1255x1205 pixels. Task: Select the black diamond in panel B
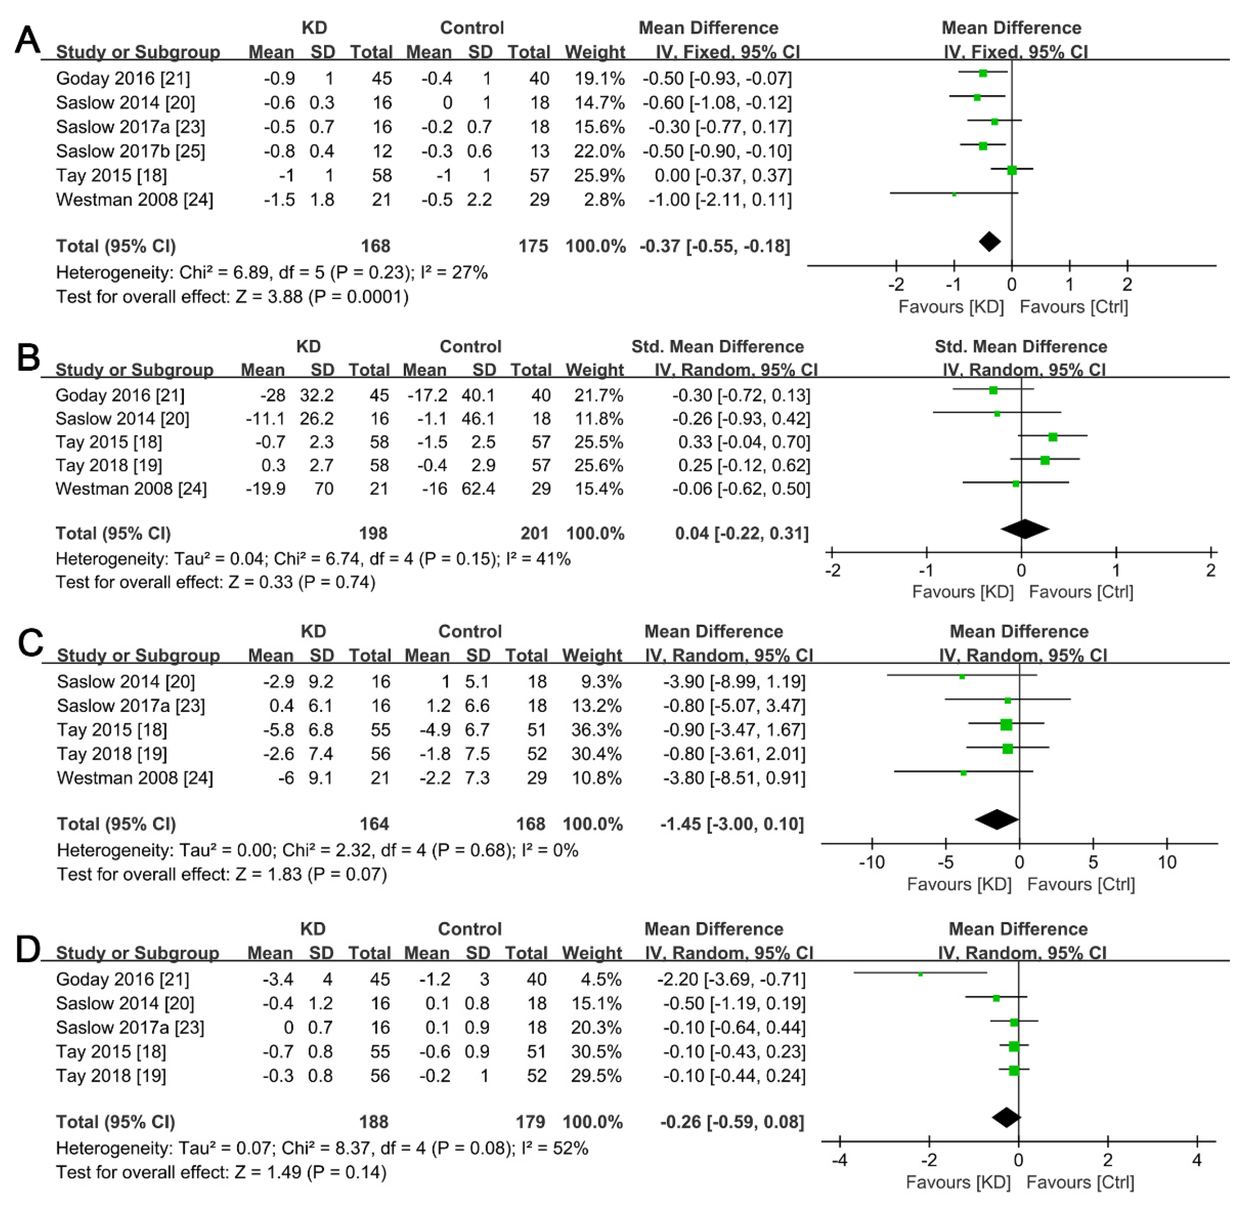pos(1025,529)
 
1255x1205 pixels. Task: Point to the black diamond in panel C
pos(996,820)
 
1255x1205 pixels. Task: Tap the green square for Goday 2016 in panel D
pos(920,974)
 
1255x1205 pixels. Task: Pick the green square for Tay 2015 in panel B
pos(1053,437)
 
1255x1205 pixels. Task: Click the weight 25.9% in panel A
pos(595,175)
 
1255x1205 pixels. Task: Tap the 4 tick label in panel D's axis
pos(1197,1160)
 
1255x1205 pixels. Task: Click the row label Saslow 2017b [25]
pos(131,151)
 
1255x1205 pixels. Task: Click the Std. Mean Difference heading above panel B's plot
pos(1021,346)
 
